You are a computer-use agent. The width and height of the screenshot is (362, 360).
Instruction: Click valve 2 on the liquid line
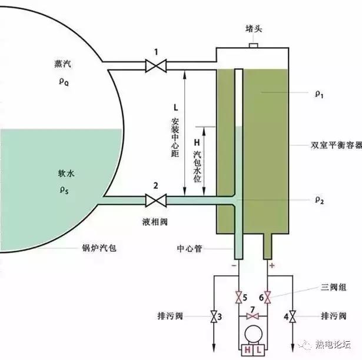click(x=156, y=201)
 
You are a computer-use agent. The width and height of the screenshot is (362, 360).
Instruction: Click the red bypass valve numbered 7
click(x=253, y=318)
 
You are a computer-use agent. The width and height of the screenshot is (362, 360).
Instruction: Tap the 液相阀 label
click(x=155, y=225)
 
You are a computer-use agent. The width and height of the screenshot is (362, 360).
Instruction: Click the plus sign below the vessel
click(x=271, y=266)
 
